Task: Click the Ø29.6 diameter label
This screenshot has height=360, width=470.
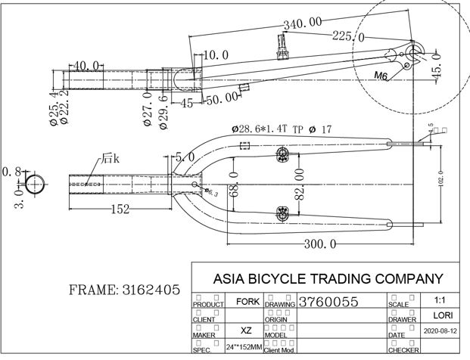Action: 163,111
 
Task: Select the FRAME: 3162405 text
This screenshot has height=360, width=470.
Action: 124,290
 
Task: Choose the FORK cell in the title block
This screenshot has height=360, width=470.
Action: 247,301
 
